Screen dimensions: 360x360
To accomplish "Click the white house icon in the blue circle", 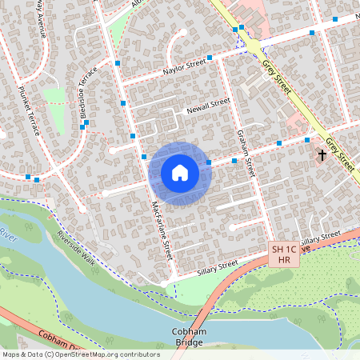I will pos(180,173).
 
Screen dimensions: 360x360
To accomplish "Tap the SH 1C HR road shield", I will pos(282,255).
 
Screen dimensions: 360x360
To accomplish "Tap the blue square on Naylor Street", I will pos(209,58).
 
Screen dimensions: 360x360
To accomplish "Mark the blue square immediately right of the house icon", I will pos(209,163).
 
